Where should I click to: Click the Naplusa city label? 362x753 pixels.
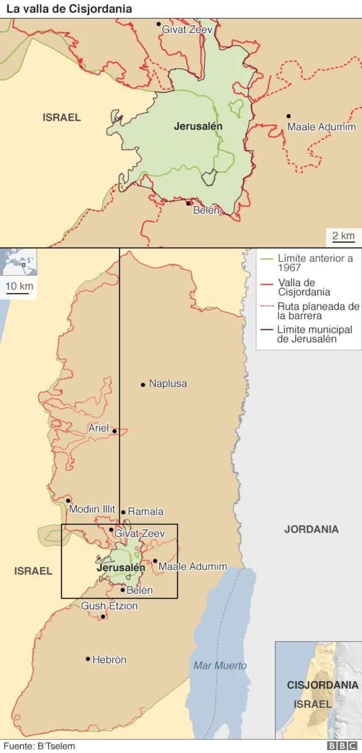coord(168,384)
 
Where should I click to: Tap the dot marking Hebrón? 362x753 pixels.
coord(88,659)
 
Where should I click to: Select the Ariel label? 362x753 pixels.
coord(98,428)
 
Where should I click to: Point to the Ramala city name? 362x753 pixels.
coord(146,511)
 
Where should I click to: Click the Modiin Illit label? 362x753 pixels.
coord(92,509)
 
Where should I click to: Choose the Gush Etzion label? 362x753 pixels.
coord(109,606)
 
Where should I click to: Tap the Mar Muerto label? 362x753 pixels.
coord(220,665)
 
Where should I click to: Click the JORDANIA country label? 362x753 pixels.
coord(312,529)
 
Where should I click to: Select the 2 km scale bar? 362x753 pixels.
coord(343,237)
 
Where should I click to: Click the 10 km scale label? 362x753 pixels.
coord(20,286)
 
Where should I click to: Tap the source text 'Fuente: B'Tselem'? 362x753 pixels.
coord(38,746)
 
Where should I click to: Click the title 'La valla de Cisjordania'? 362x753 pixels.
coord(69,9)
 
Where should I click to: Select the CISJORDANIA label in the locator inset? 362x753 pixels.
coord(322,685)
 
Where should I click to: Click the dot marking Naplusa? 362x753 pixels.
coord(143,385)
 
